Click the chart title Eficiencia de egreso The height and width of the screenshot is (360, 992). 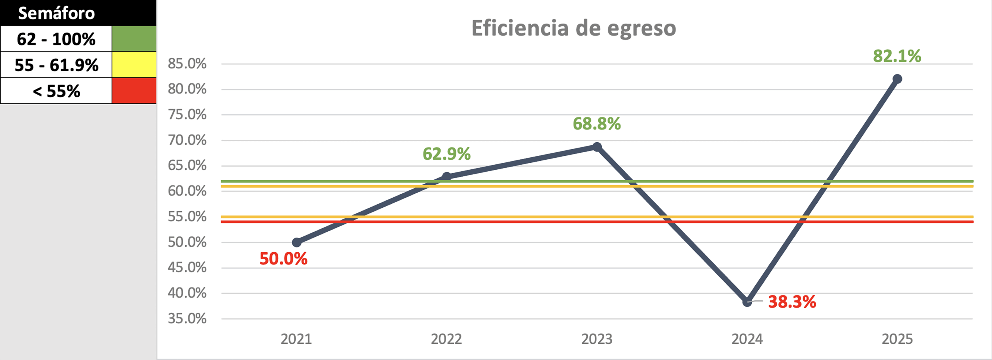pyautogui.click(x=573, y=28)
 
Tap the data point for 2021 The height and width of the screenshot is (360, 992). pyautogui.click(x=296, y=243)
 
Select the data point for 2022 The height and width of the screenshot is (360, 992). pyautogui.click(x=446, y=177)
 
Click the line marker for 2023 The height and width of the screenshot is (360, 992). pyautogui.click(x=597, y=147)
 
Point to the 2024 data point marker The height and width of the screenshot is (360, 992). pyautogui.click(x=747, y=302)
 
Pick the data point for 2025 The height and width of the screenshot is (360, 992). pyautogui.click(x=897, y=79)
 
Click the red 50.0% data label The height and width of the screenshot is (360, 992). pyautogui.click(x=283, y=259)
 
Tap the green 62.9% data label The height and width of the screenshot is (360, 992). pyautogui.click(x=446, y=154)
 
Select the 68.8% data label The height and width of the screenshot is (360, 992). pyautogui.click(x=597, y=124)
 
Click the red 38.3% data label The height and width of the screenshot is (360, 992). pyautogui.click(x=792, y=302)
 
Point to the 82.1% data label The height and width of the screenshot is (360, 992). pyautogui.click(x=897, y=56)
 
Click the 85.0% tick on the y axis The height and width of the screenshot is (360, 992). pyautogui.click(x=187, y=64)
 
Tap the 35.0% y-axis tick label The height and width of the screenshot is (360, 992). pyautogui.click(x=187, y=319)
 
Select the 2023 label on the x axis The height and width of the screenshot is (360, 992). pyautogui.click(x=597, y=339)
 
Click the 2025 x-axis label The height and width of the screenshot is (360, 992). pyautogui.click(x=897, y=339)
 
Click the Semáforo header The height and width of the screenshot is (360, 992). pyautogui.click(x=57, y=13)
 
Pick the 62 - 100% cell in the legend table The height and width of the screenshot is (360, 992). pyautogui.click(x=56, y=39)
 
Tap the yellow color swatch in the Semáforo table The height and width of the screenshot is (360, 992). pyautogui.click(x=134, y=65)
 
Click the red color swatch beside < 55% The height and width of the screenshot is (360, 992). pyautogui.click(x=134, y=91)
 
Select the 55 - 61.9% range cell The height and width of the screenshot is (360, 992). pyautogui.click(x=56, y=65)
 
